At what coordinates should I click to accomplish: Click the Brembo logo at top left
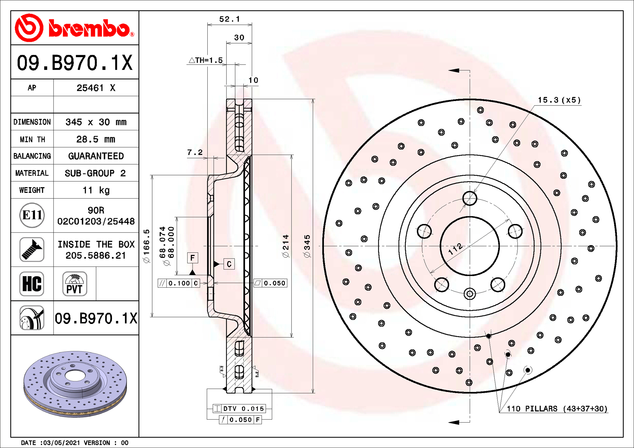[x=75, y=28]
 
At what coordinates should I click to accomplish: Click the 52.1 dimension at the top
[x=229, y=19]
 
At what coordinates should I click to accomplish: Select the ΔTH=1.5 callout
[x=206, y=60]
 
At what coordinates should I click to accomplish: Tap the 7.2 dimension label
[x=195, y=152]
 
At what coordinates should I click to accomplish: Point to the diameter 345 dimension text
[x=307, y=246]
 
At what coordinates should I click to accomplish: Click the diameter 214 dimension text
[x=286, y=246]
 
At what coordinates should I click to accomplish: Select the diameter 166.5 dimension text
[x=146, y=246]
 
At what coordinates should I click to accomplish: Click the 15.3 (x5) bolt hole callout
[x=559, y=100]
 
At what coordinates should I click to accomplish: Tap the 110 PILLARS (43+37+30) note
[x=557, y=409]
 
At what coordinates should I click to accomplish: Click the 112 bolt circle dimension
[x=456, y=249]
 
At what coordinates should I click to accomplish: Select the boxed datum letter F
[x=193, y=258]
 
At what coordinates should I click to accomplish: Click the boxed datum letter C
[x=229, y=264]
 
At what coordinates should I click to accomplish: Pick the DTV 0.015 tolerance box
[x=239, y=409]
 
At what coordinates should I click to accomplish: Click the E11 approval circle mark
[x=32, y=215]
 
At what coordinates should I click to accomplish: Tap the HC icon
[x=32, y=284]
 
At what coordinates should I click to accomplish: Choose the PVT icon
[x=75, y=284]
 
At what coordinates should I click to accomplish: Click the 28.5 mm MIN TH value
[x=96, y=139]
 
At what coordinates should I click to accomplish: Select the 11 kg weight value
[x=96, y=190]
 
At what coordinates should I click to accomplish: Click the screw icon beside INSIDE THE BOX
[x=32, y=249]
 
